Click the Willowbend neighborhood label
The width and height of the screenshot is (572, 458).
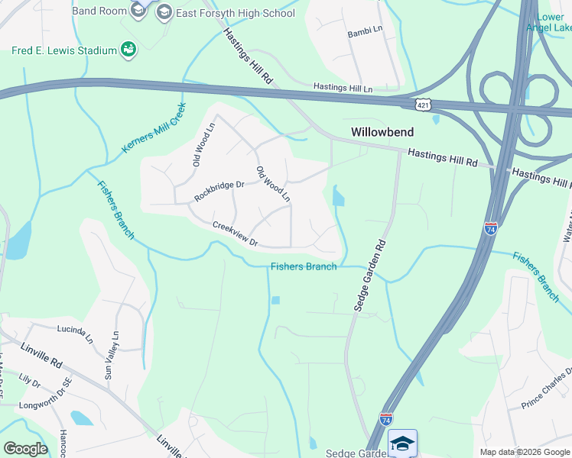tap(382, 132)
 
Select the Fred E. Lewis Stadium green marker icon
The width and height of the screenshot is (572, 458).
tap(128, 50)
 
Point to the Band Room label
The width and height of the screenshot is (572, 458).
tap(99, 11)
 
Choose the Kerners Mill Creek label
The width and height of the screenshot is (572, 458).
tap(154, 127)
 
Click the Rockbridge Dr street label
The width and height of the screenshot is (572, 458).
tap(219, 190)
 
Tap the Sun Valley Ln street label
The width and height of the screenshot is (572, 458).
tap(112, 356)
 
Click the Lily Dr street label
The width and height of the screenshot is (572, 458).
tap(29, 379)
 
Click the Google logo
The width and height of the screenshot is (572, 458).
tap(25, 448)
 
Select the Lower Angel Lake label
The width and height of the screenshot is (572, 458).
tap(554, 23)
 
